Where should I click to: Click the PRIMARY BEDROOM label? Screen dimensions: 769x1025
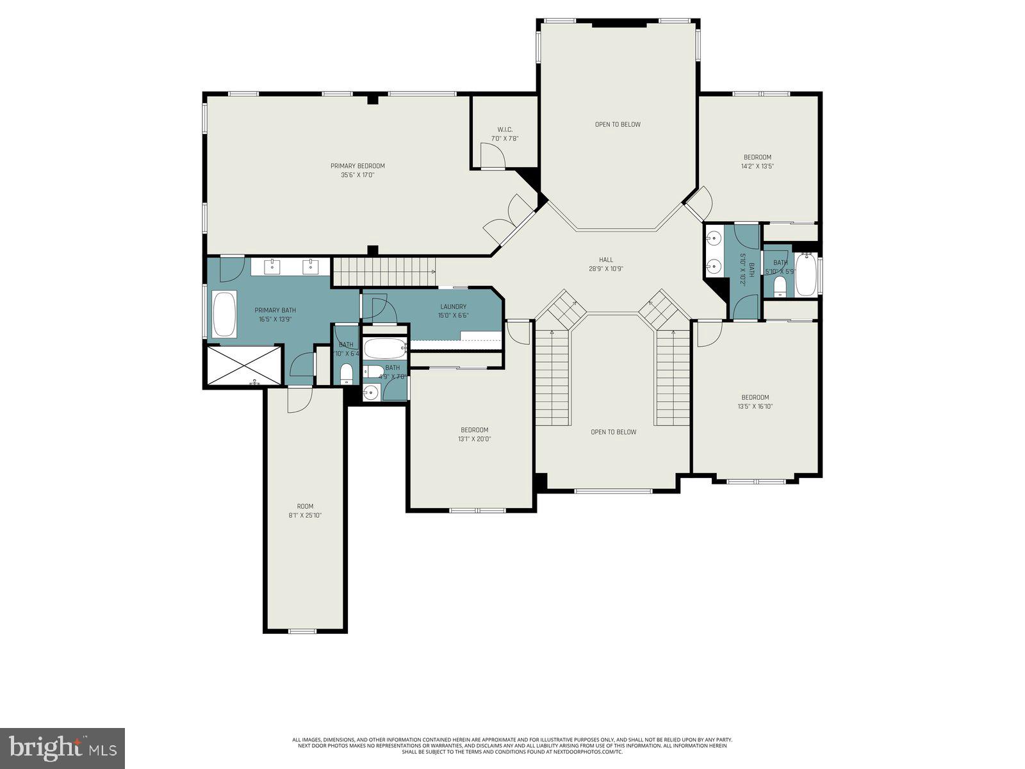(x=357, y=166)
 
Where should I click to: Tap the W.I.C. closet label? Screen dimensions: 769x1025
(x=505, y=129)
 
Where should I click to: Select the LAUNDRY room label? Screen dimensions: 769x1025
(x=453, y=306)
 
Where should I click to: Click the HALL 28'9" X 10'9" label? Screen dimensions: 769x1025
(x=606, y=264)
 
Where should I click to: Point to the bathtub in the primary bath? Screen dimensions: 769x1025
(x=224, y=313)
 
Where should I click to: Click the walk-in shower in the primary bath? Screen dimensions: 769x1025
(x=244, y=365)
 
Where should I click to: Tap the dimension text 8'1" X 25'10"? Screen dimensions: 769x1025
(x=305, y=515)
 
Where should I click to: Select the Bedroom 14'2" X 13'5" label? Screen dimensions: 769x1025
(x=757, y=161)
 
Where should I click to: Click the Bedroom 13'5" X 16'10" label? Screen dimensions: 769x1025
(x=755, y=401)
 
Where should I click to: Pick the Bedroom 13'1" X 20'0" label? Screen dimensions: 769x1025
(x=474, y=434)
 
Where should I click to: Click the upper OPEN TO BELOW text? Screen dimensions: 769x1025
(x=618, y=124)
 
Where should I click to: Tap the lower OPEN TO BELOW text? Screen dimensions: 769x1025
(x=613, y=432)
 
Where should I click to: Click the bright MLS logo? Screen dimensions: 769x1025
(x=62, y=748)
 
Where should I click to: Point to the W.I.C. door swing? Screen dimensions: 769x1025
(x=492, y=156)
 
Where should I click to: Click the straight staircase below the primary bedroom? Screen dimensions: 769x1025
(x=383, y=272)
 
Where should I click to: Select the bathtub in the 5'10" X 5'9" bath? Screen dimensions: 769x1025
(x=806, y=275)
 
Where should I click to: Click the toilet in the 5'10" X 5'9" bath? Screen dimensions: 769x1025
(x=780, y=285)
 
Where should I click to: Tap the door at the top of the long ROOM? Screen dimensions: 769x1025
(x=299, y=401)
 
